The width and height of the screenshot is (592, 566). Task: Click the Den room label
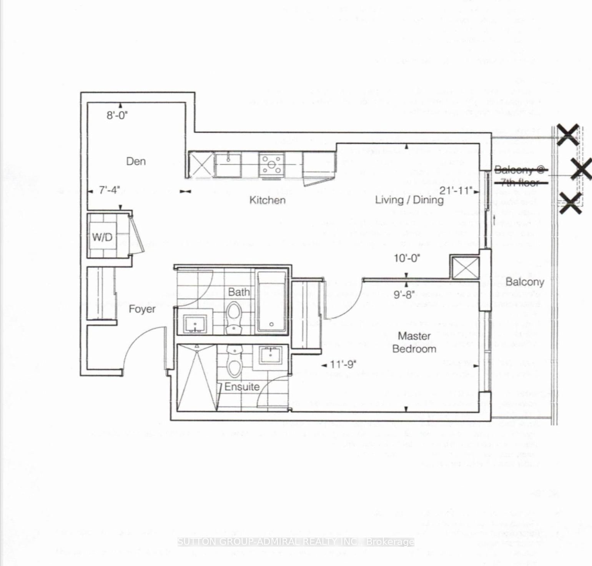[x=136, y=161]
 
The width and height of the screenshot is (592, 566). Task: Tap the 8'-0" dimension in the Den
[x=117, y=115]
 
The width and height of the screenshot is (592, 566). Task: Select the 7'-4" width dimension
[x=110, y=190]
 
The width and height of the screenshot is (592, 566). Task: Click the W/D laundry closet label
[x=102, y=237]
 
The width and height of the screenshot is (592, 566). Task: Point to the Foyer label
[x=142, y=309]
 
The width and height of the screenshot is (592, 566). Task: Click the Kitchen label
[x=268, y=200]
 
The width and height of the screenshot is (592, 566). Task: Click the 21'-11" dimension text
[x=456, y=190]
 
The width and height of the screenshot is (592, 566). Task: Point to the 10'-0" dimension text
[x=407, y=258]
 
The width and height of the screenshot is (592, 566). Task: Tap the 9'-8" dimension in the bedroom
[x=404, y=295]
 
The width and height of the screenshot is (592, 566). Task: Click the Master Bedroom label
[x=414, y=342]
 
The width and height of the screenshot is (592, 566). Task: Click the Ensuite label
[x=242, y=386]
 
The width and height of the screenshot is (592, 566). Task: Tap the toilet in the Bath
[x=233, y=317]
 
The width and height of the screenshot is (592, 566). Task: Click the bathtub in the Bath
[x=271, y=302]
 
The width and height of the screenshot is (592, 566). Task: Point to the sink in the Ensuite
[x=271, y=355]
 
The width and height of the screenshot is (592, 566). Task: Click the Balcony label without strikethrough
[x=525, y=282]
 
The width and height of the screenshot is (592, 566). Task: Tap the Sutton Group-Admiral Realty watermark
[x=296, y=542]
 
